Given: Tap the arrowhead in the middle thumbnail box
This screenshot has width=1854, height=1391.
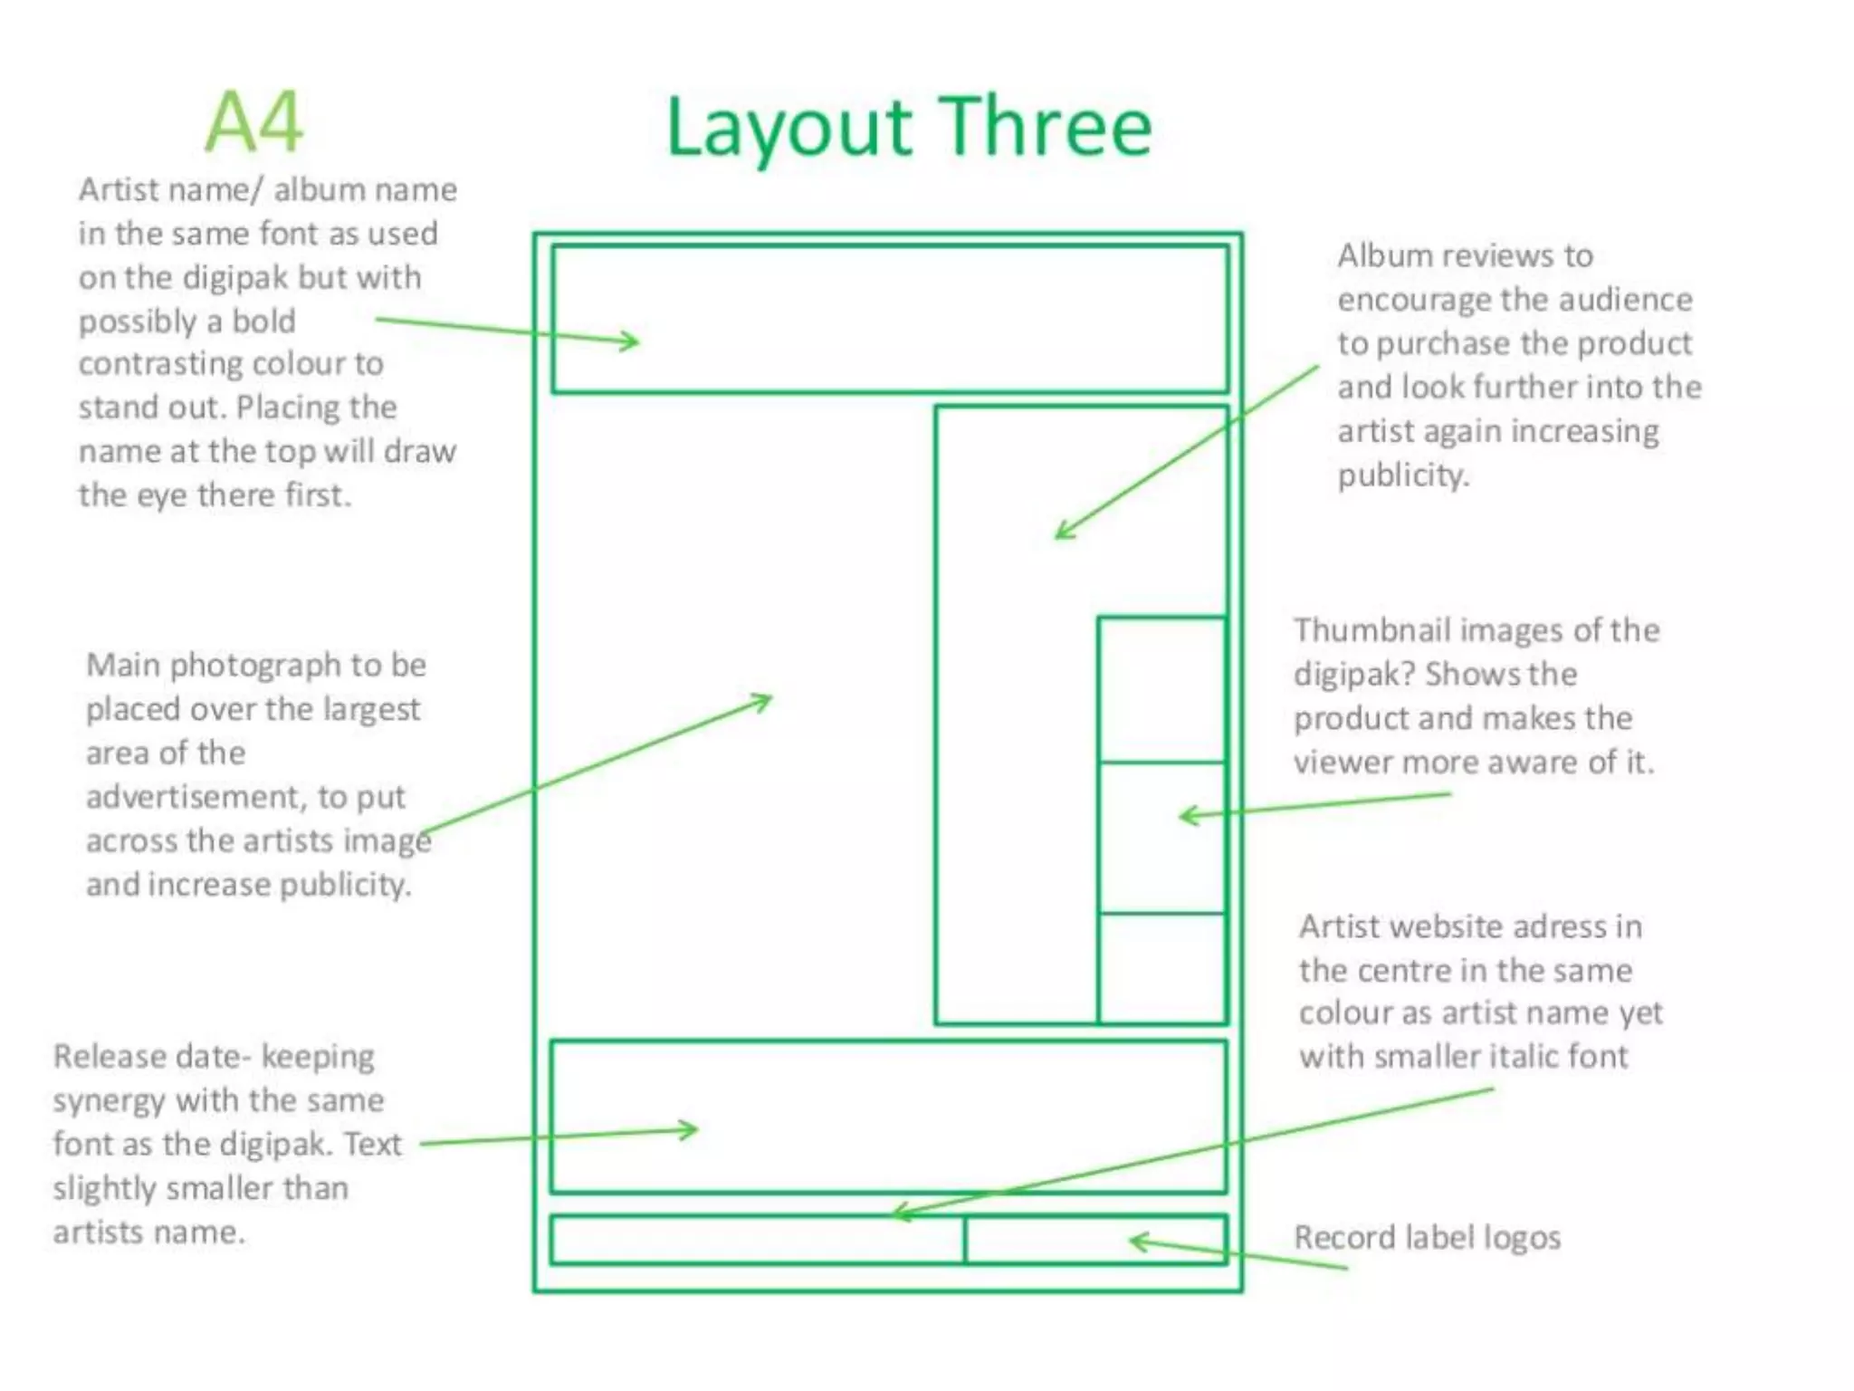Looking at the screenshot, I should click(1186, 816).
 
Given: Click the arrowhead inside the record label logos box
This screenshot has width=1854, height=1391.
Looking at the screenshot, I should click(1136, 1241).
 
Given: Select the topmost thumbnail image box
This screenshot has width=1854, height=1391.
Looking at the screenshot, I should click(1161, 690).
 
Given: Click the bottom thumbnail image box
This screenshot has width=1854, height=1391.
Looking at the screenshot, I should click(1161, 967).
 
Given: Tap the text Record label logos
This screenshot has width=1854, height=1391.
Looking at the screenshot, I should click(1427, 1237).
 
